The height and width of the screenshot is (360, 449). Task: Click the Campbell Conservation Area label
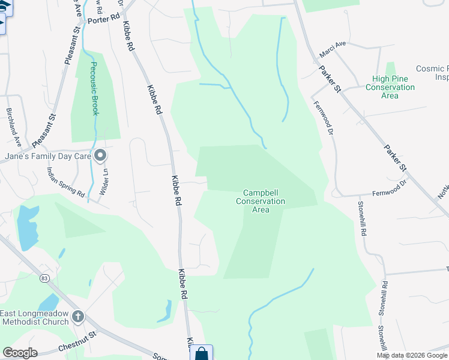tap(261, 201)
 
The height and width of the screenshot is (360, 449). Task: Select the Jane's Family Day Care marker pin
tap(100, 156)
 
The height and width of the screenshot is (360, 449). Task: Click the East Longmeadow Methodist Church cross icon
tap(77, 316)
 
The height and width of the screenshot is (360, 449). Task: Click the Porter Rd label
tap(103, 20)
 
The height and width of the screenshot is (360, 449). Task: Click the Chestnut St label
tap(77, 343)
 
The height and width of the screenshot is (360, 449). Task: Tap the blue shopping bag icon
tap(201, 353)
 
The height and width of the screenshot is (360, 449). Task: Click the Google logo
tap(20, 353)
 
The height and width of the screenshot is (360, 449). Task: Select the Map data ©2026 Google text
tap(412, 355)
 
